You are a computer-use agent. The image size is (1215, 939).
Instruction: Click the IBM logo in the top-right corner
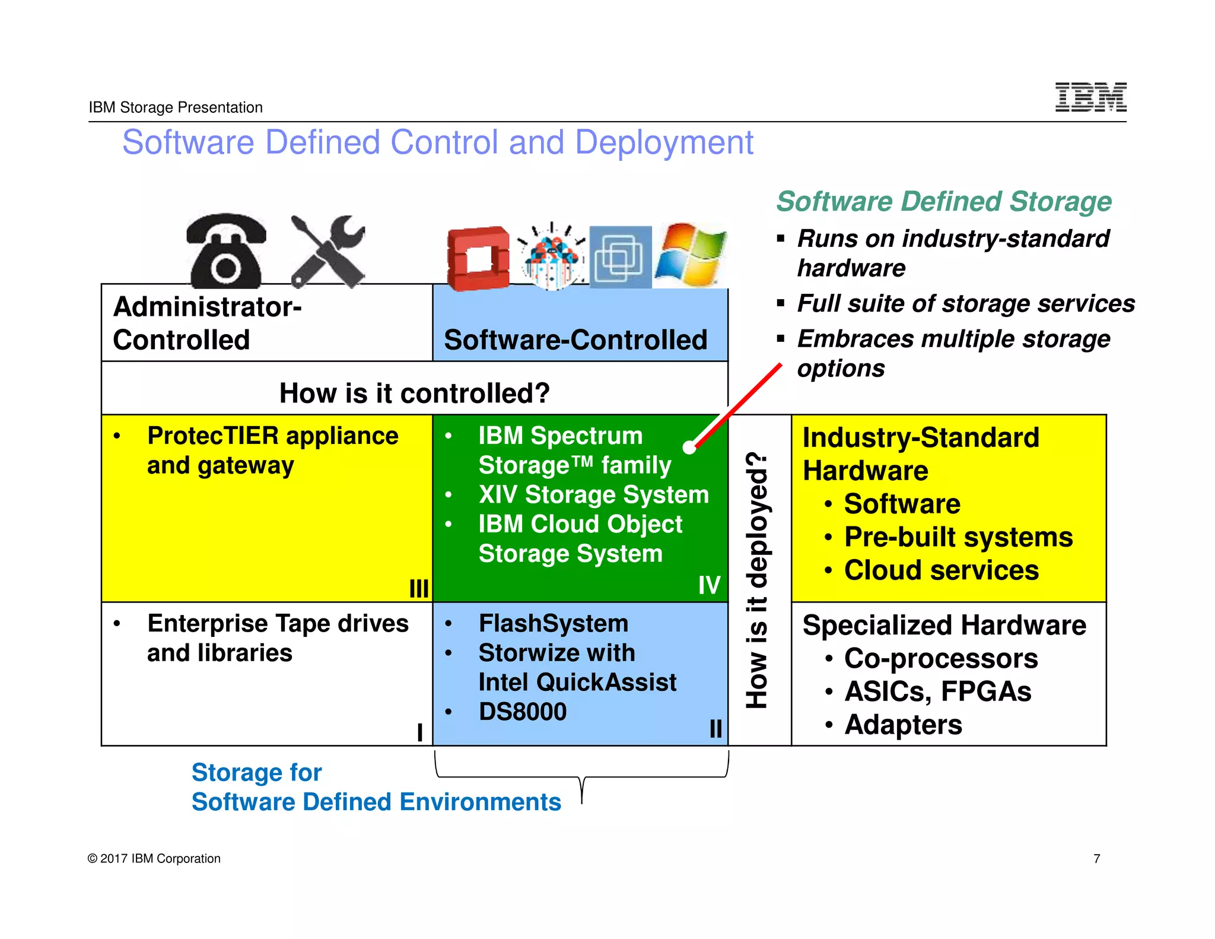(1090, 97)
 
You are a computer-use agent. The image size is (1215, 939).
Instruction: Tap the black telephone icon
(225, 251)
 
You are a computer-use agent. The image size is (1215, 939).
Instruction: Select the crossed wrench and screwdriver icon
(328, 251)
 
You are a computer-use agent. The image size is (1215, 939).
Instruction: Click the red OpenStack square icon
(478, 258)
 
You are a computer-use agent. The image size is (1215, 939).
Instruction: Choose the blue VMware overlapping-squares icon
(620, 257)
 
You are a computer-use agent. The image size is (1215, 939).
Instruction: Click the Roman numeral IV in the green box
(709, 585)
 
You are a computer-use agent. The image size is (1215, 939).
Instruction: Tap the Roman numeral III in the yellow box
(419, 588)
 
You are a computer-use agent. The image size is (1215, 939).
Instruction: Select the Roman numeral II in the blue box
(715, 728)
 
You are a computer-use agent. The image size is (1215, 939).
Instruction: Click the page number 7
(1097, 858)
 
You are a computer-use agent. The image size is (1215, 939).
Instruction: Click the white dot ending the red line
(689, 448)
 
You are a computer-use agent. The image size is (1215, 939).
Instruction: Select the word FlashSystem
(554, 623)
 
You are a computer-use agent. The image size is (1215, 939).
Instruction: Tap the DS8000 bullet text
(523, 711)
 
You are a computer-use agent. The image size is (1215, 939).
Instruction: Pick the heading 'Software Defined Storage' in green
(944, 201)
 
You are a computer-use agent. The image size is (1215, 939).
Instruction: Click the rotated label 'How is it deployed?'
(758, 580)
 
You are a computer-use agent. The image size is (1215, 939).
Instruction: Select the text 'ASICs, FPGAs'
(938, 691)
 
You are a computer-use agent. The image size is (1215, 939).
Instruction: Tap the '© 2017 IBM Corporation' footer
(154, 858)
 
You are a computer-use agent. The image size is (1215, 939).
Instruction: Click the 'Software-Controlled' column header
(575, 340)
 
